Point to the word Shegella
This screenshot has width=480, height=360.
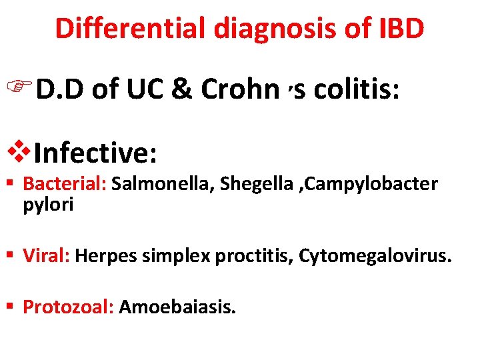249,184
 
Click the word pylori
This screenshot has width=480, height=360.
48,205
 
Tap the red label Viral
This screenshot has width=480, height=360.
47,254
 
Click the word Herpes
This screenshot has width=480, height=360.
101,254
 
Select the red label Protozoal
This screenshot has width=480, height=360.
69,307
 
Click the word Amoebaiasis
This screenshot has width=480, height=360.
177,307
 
